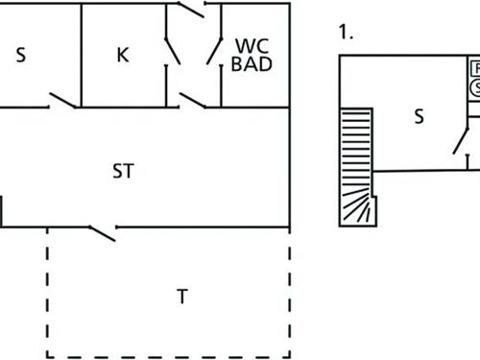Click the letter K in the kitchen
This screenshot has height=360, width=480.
click(x=122, y=55)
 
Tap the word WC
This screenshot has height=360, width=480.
click(x=252, y=45)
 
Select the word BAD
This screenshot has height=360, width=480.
click(x=252, y=64)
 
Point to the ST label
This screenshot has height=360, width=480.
click(x=123, y=172)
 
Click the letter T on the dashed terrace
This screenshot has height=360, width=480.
click(x=181, y=297)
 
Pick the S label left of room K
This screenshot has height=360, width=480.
click(x=20, y=55)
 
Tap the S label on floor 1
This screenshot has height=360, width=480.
click(x=419, y=116)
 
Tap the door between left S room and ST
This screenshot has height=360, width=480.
click(x=63, y=100)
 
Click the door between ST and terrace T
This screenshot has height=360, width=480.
click(x=102, y=231)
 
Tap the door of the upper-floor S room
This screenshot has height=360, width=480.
click(x=460, y=141)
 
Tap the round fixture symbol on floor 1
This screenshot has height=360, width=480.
click(x=476, y=87)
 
